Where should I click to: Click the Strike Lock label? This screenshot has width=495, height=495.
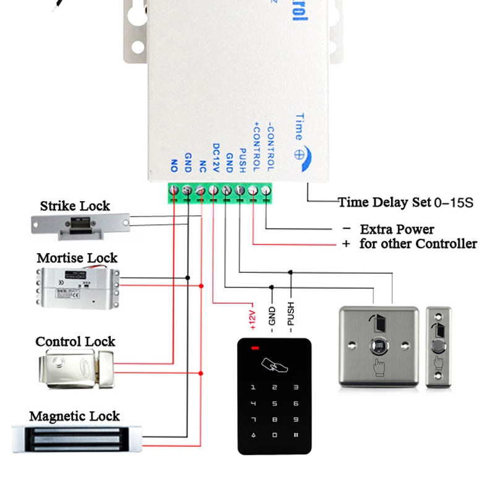pos(75,206)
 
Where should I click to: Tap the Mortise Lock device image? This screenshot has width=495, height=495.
pos(77,289)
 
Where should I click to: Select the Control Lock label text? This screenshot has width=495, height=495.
pos(75,342)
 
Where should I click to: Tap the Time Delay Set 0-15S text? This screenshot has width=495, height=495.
pos(405,202)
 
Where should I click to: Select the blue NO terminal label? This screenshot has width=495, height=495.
pos(174,165)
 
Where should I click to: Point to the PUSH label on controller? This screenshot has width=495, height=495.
pos(243,160)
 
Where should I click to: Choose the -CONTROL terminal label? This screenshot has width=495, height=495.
pos(269,148)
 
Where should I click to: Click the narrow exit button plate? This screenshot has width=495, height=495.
pos(438,347)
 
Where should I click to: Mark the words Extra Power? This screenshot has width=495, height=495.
pos(397,229)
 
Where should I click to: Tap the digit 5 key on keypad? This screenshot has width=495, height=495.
pos(274,404)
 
